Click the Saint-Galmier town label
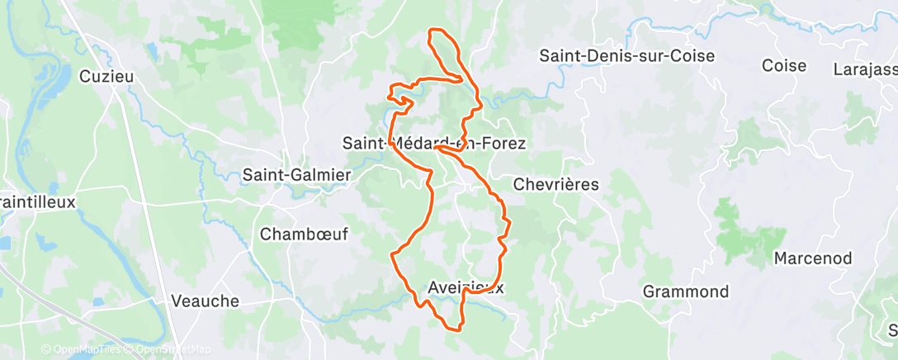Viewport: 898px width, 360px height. coord(296,175)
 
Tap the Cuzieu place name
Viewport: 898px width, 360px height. coord(106,76)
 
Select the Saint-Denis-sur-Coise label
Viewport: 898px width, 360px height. coord(626,56)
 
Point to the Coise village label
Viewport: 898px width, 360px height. coord(783,66)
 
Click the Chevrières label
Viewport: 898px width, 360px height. coord(555,184)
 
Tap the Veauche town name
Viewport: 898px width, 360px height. coord(205,301)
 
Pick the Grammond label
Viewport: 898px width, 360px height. coord(686,291)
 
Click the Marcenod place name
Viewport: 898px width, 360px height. coord(812,258)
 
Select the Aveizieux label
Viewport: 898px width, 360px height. coord(466,287)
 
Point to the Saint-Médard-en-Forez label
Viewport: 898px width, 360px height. coord(434,143)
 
